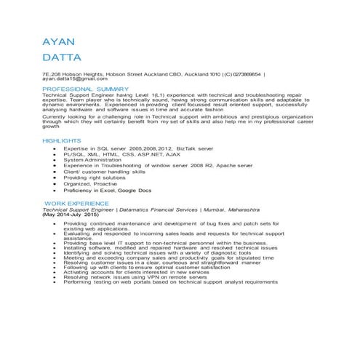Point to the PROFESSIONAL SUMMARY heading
[x=85, y=89]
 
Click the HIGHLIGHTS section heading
[x=62, y=140]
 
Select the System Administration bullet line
[x=97, y=159]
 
